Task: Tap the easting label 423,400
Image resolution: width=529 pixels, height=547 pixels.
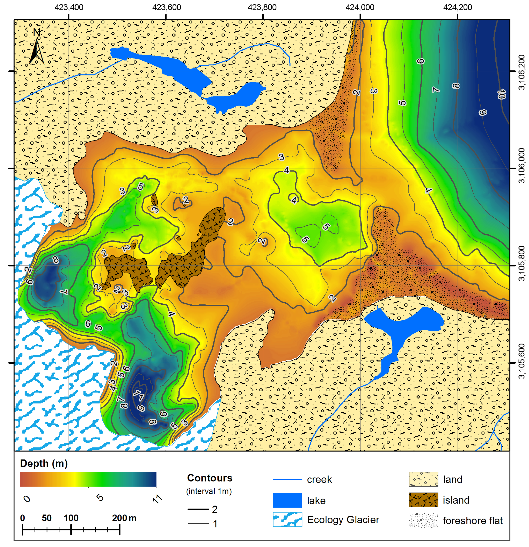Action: click(x=69, y=7)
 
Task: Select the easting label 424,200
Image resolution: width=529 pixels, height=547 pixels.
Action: click(x=457, y=7)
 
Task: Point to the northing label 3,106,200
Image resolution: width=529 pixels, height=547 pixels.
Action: click(x=521, y=72)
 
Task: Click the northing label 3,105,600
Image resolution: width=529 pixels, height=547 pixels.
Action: click(x=521, y=362)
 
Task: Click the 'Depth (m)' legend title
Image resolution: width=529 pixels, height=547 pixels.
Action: click(x=44, y=464)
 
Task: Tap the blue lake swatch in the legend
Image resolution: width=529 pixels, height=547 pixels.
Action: click(x=287, y=500)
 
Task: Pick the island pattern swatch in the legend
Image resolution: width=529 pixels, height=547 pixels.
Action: click(x=423, y=500)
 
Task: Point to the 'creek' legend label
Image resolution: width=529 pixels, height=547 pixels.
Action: click(x=319, y=480)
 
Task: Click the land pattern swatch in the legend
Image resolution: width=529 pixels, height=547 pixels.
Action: click(x=423, y=479)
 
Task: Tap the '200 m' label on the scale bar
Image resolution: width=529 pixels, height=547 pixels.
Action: click(x=124, y=518)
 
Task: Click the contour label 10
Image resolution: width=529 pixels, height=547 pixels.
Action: click(x=501, y=94)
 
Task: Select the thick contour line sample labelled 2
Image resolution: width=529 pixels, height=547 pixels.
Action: click(x=198, y=509)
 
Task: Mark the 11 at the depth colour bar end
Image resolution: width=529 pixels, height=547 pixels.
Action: click(x=158, y=499)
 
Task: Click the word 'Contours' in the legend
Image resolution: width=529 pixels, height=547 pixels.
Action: click(x=210, y=478)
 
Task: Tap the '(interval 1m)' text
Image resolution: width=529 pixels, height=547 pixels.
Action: click(x=209, y=491)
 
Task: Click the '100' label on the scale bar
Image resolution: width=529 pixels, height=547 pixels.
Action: click(x=71, y=518)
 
